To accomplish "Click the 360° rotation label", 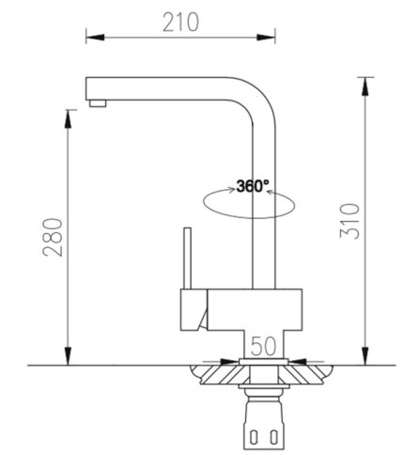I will (253, 185).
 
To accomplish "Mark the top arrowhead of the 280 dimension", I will (68, 116).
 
